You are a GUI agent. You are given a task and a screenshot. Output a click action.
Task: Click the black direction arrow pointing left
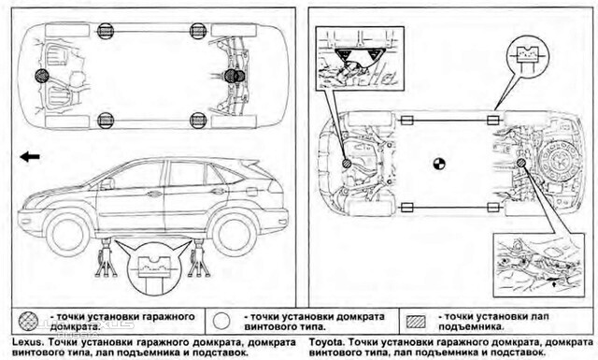pyautogui.click(x=30, y=156)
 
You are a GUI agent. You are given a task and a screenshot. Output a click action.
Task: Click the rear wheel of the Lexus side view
pyautogui.click(x=234, y=233)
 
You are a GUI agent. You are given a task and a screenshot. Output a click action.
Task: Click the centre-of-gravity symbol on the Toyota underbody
pyautogui.click(x=439, y=165)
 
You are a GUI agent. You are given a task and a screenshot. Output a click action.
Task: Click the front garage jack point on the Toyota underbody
pyautogui.click(x=347, y=164)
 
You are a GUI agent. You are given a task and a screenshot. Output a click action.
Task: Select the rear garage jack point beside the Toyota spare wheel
pyautogui.click(x=521, y=163)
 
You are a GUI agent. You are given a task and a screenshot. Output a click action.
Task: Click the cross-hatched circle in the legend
pyautogui.click(x=29, y=322)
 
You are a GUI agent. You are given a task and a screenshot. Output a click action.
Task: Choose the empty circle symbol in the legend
pyautogui.click(x=221, y=322)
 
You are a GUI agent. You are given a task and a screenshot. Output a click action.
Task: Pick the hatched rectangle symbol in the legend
pyautogui.click(x=416, y=322)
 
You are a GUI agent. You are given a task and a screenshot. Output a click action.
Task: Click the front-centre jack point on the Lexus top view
pyautogui.click(x=42, y=76)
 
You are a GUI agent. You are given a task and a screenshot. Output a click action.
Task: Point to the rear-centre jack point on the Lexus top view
pyautogui.click(x=235, y=76)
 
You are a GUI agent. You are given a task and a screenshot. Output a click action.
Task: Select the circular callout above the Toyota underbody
pyautogui.click(x=527, y=57)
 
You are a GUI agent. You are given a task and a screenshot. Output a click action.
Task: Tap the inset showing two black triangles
pyautogui.click(x=360, y=58)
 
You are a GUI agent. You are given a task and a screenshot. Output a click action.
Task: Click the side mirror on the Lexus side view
pyautogui.click(x=107, y=183)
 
